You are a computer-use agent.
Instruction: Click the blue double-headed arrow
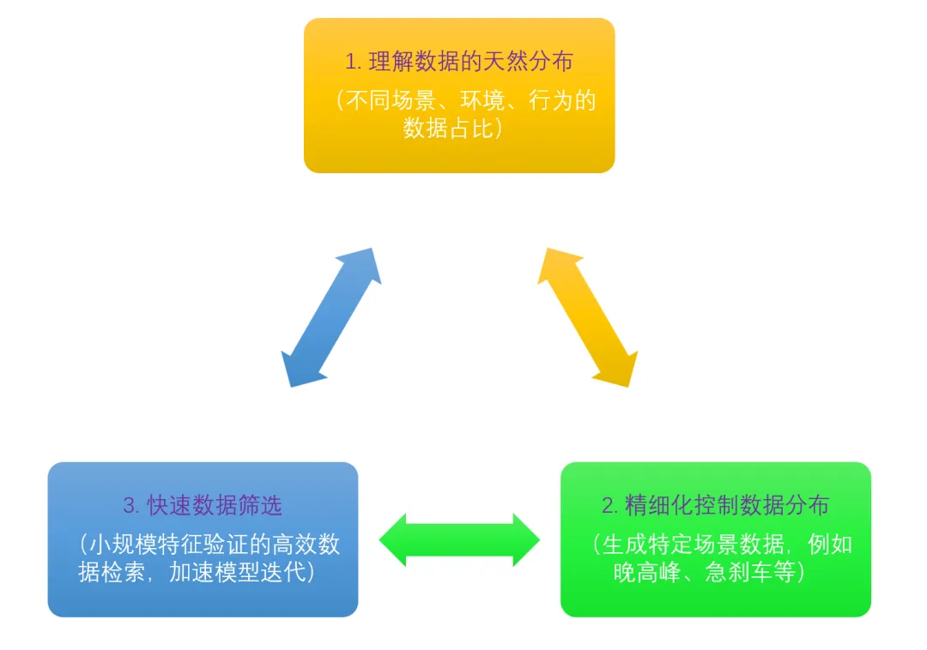(x=331, y=317)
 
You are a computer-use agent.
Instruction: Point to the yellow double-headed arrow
(x=588, y=317)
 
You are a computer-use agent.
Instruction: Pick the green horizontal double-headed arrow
(x=459, y=540)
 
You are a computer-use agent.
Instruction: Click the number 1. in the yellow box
(x=353, y=62)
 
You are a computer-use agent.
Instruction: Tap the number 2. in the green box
(x=609, y=506)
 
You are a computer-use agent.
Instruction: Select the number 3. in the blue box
(x=130, y=506)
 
